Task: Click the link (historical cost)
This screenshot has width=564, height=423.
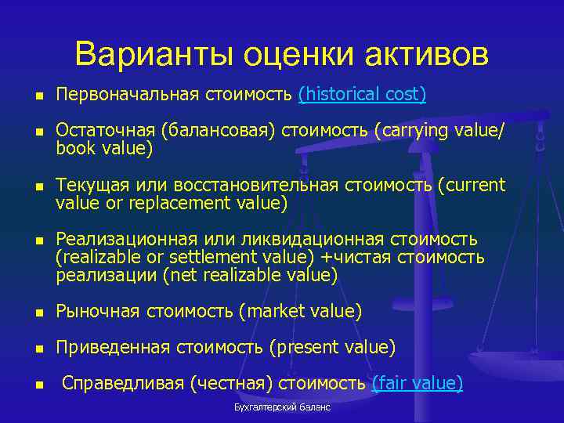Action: click(362, 95)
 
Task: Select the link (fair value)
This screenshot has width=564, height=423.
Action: click(417, 383)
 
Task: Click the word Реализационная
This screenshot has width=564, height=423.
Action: click(119, 239)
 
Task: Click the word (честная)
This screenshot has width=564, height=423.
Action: click(226, 383)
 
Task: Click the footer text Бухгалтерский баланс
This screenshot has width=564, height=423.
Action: click(282, 407)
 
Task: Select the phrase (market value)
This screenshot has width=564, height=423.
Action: click(305, 312)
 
